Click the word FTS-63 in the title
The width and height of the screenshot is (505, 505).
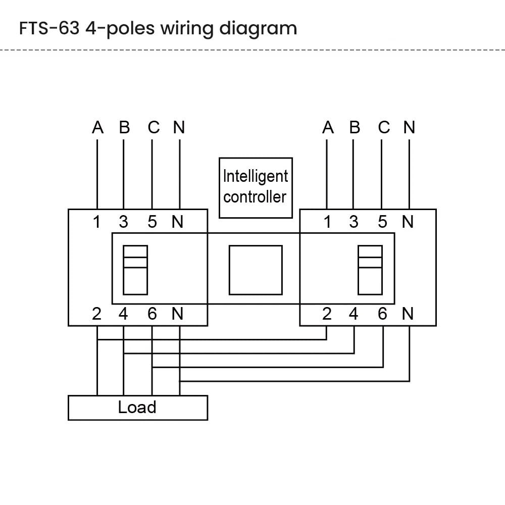[49, 28]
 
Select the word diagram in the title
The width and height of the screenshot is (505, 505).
[258, 29]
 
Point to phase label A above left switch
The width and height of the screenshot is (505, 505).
[97, 128]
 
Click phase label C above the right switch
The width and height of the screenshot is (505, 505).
[384, 128]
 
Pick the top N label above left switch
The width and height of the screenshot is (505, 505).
[179, 128]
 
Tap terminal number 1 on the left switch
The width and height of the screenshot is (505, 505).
[96, 222]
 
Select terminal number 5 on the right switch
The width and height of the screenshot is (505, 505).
[382, 222]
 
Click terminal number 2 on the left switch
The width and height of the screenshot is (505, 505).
[96, 314]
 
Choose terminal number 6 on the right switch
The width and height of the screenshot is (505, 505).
[382, 314]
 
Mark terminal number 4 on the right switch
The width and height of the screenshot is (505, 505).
[353, 314]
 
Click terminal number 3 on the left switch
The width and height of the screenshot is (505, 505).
[124, 222]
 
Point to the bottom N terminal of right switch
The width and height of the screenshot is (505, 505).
[408, 314]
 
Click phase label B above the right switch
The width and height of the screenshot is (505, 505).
[355, 128]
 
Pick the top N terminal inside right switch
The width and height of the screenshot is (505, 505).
[408, 222]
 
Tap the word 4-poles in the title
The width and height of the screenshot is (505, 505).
[120, 29]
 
